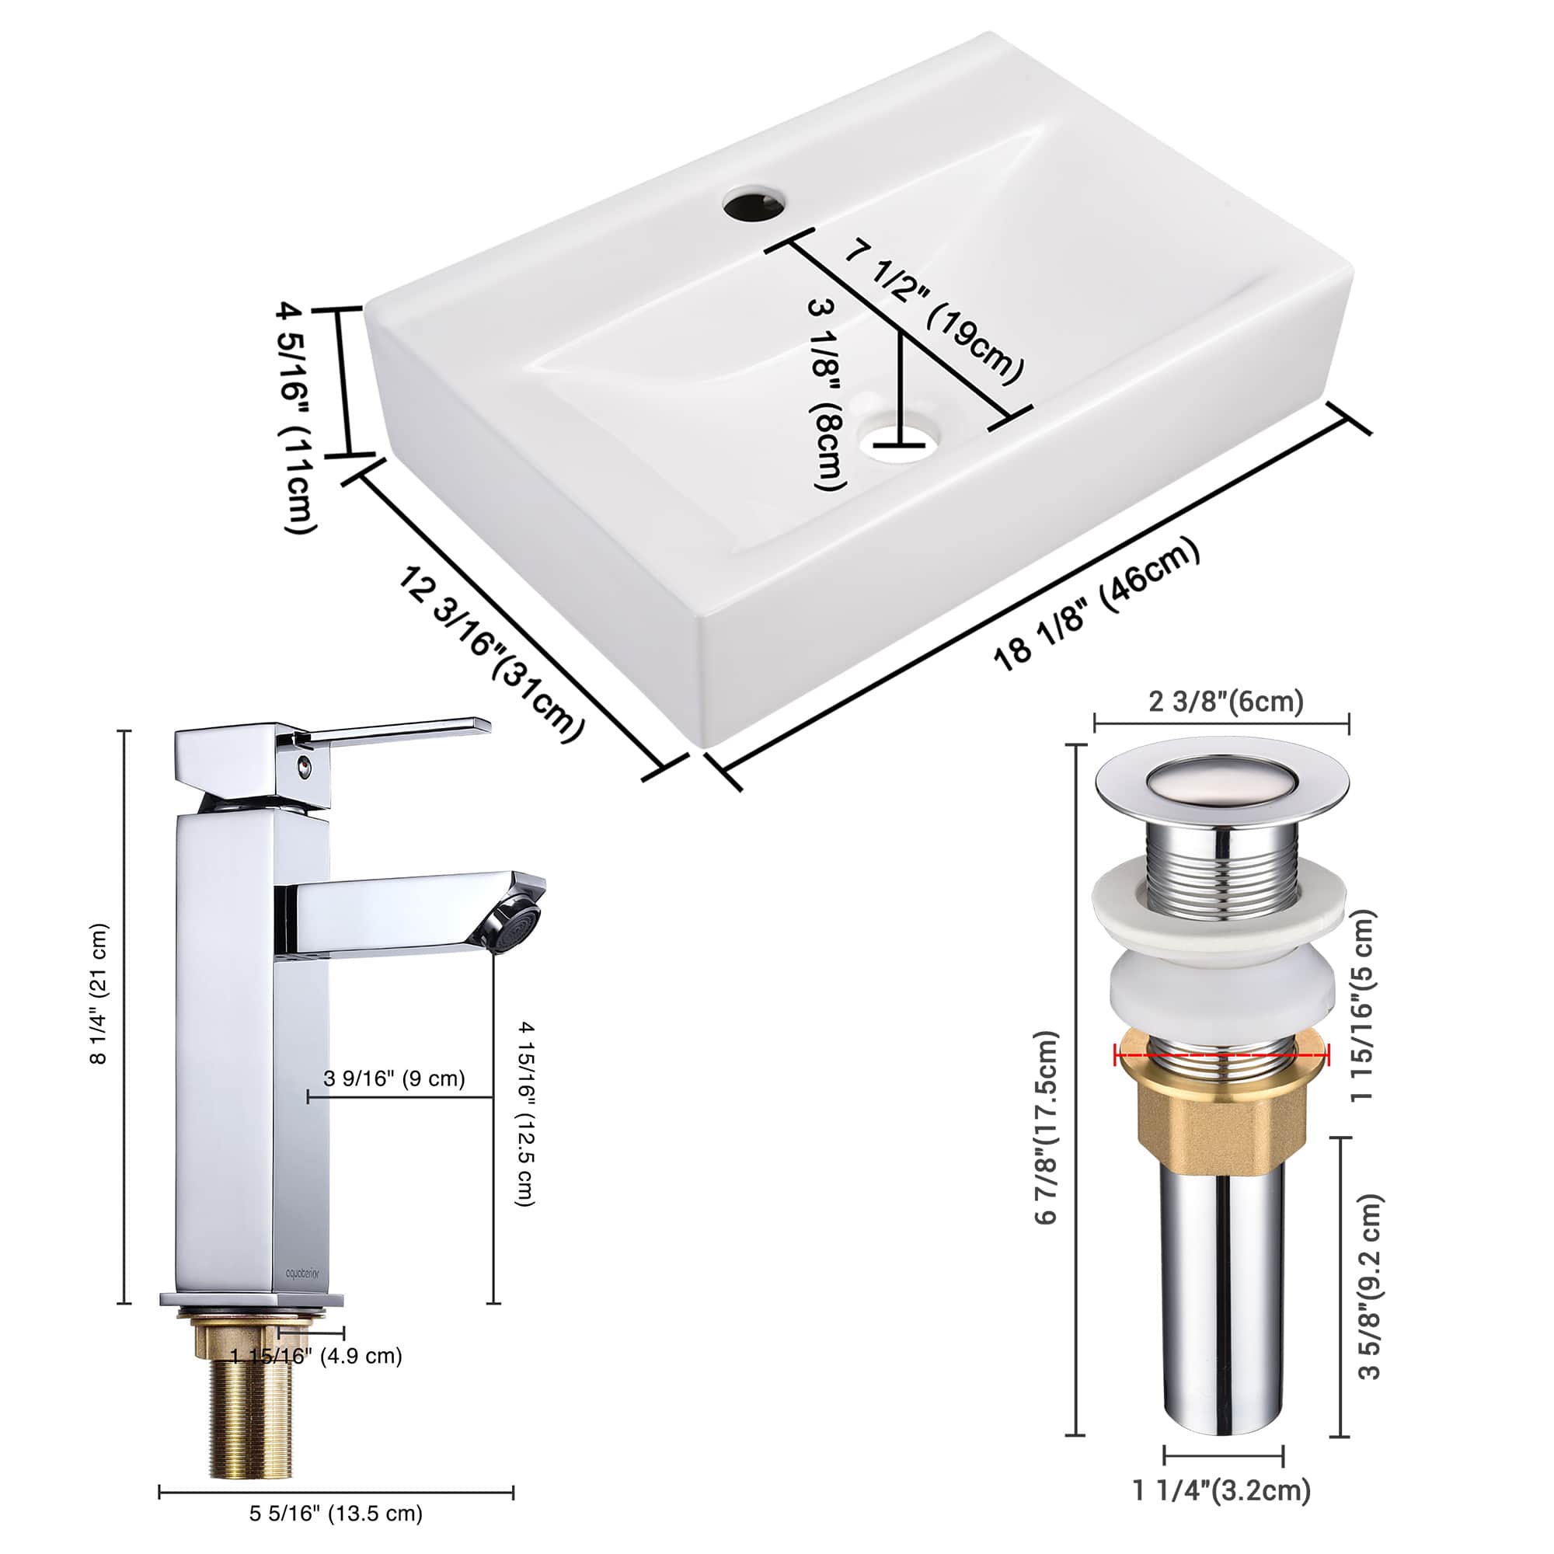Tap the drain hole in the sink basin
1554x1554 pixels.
[x=901, y=443]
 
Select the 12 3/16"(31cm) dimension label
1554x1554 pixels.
[x=490, y=654]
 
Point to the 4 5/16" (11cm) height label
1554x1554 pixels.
[x=297, y=416]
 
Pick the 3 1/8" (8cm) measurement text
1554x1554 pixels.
[x=828, y=393]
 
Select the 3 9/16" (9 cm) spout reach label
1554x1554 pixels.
[x=394, y=1078]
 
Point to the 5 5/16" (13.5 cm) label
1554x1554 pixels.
[x=336, y=1514]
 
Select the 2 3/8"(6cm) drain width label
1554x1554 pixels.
[x=1226, y=702]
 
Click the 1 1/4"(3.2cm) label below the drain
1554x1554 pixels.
[x=1221, y=1490]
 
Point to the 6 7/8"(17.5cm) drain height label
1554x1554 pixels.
[x=1046, y=1127]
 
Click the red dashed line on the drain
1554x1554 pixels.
[x=1221, y=1053]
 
